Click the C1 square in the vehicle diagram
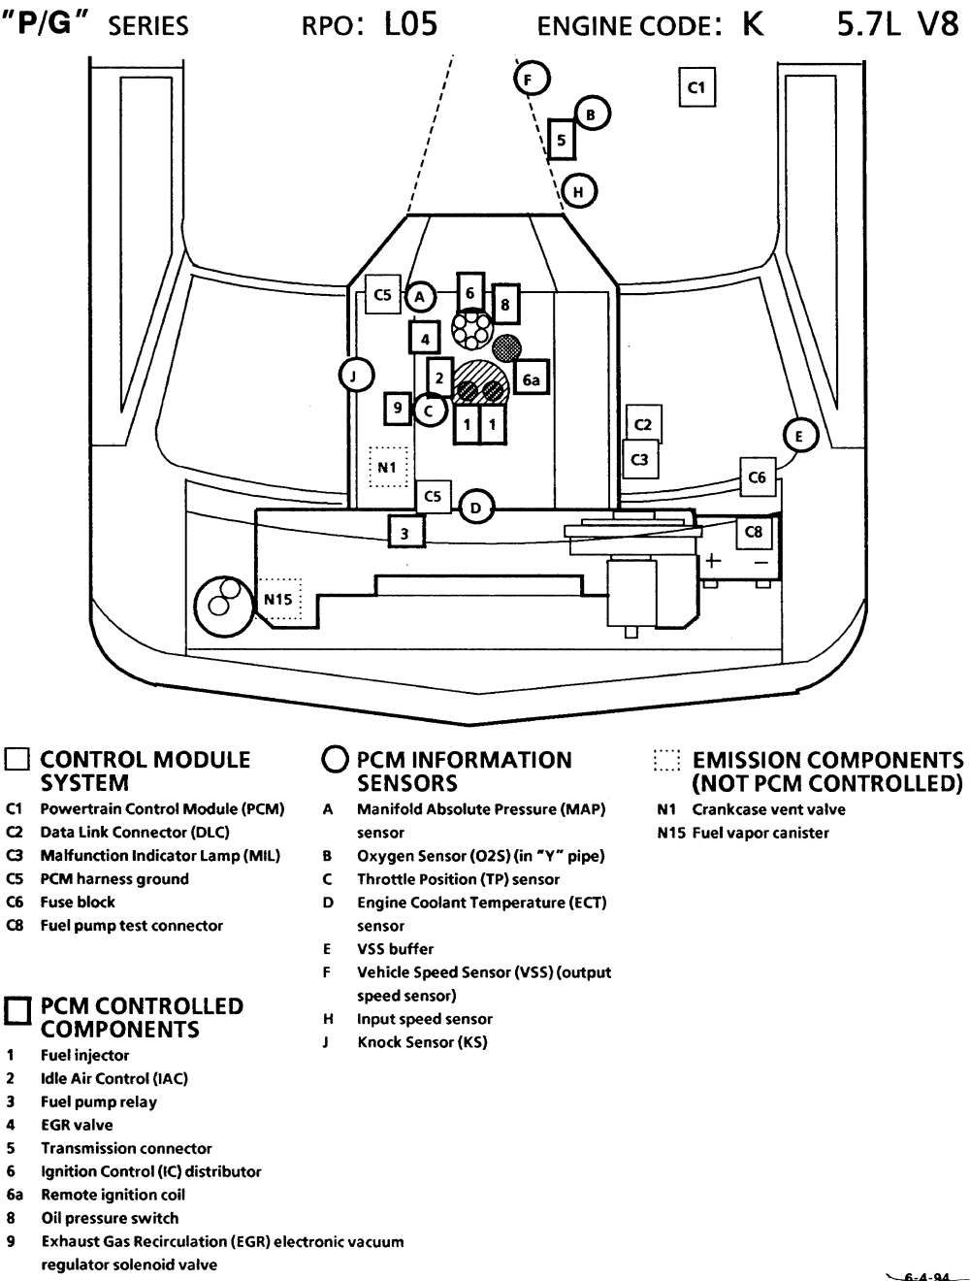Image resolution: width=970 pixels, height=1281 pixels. point(695,87)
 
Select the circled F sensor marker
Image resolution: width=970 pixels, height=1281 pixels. point(531,79)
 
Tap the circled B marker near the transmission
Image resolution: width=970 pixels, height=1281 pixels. point(592,115)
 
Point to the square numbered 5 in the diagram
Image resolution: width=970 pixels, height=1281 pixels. point(562,141)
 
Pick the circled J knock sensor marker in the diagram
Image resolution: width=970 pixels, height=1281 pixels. point(356,375)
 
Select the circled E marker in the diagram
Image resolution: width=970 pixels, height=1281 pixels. point(799,436)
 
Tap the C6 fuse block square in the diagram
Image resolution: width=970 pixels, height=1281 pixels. point(758,477)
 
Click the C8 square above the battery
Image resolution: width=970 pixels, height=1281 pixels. point(754,532)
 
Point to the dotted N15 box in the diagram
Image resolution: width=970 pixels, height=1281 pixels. point(279,599)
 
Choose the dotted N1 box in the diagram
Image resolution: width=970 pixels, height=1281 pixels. point(388,467)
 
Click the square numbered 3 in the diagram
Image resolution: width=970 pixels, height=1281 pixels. point(405,532)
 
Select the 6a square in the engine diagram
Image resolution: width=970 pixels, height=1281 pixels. point(531,380)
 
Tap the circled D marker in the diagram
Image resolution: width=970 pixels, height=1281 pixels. point(475,507)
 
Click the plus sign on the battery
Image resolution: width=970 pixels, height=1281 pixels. point(714,560)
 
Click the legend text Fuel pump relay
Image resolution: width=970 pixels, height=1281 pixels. point(98,1101)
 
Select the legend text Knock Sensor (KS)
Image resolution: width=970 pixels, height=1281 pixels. point(422,1042)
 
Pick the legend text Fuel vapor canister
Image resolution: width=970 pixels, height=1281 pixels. point(760,833)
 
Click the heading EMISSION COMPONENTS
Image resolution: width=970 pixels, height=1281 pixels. point(827,760)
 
